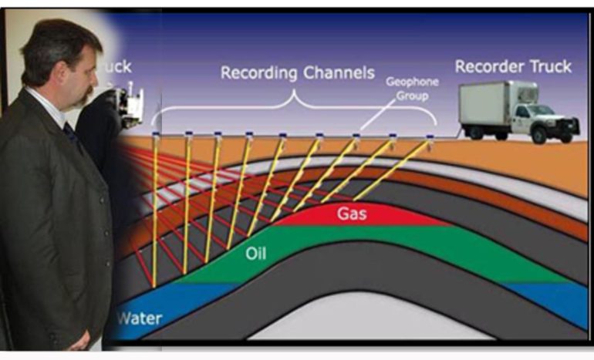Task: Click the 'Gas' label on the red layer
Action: click(350, 213)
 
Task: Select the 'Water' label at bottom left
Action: click(137, 318)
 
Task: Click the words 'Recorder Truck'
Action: click(512, 66)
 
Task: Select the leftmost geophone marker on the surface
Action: click(156, 136)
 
